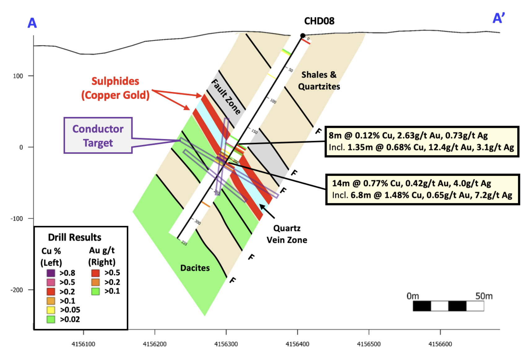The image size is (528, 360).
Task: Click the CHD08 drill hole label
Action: click(319, 21)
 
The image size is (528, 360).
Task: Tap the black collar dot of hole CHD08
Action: click(303, 36)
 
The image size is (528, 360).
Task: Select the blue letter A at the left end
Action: click(32, 23)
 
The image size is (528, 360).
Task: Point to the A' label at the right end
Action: click(499, 19)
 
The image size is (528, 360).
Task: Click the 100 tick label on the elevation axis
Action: click(18, 76)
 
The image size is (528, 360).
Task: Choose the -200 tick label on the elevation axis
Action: click(17, 290)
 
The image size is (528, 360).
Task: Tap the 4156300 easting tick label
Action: click(226, 344)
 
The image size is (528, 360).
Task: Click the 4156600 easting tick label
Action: click(440, 344)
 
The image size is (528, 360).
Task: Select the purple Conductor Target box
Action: click(98, 136)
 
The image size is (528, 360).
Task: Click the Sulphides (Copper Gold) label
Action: click(115, 88)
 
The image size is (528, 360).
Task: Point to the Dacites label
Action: click(195, 268)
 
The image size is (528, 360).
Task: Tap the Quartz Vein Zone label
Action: click(287, 234)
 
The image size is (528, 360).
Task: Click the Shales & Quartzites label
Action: click(319, 80)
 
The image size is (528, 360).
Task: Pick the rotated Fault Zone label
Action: click(226, 97)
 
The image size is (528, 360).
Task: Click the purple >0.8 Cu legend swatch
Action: click(51, 273)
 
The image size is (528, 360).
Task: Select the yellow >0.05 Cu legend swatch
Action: click(51, 310)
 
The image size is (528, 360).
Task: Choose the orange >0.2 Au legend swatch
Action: click(95, 282)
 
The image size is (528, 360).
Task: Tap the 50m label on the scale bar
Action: click(484, 296)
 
